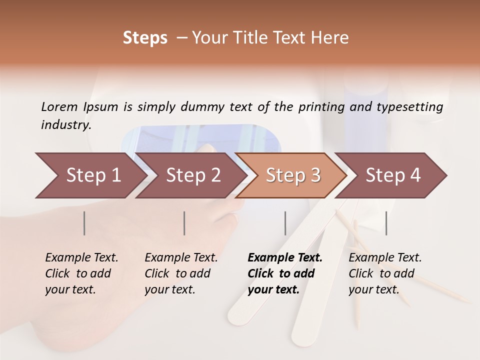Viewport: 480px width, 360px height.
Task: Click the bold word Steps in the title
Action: pyautogui.click(x=145, y=38)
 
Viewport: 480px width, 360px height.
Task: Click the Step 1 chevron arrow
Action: pyautogui.click(x=92, y=175)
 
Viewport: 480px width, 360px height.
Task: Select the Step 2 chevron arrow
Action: pyautogui.click(x=192, y=175)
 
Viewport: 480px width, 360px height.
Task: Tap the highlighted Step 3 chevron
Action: pyautogui.click(x=292, y=175)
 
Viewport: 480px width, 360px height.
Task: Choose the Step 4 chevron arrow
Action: pyautogui.click(x=392, y=175)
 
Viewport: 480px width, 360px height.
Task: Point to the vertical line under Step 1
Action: pyautogui.click(x=84, y=223)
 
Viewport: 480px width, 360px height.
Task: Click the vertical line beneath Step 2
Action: pyautogui.click(x=184, y=223)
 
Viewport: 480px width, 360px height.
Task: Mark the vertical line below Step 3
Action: pyautogui.click(x=285, y=223)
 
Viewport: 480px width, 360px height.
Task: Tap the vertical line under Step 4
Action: pyautogui.click(x=386, y=223)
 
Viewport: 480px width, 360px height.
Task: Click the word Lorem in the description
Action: pyautogui.click(x=59, y=106)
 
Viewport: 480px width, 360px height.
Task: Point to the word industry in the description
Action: pyautogui.click(x=66, y=125)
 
